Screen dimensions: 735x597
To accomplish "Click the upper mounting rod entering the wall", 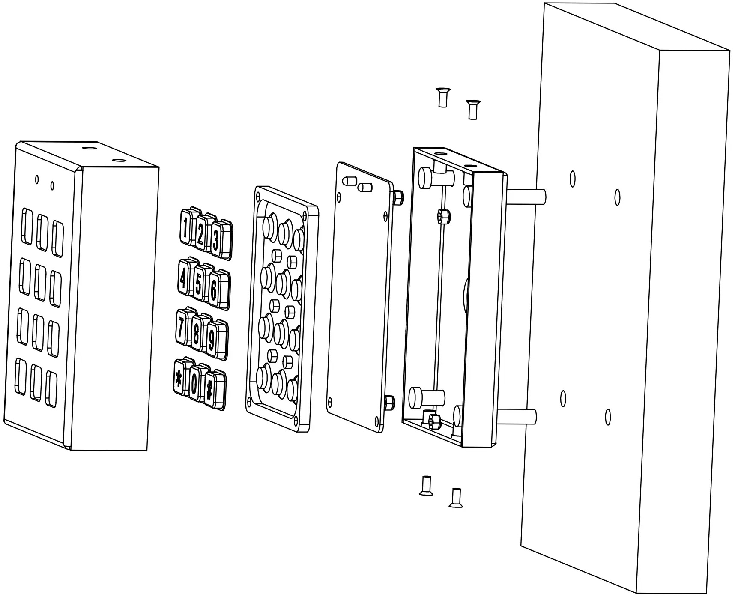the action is (x=526, y=195).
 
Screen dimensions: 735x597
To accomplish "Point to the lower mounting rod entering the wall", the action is (x=516, y=416).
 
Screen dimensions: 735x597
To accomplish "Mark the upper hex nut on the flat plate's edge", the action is (x=397, y=197).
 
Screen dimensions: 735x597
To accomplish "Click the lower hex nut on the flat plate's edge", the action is (x=390, y=402).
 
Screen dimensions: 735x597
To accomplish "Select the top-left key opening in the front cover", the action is (x=27, y=226).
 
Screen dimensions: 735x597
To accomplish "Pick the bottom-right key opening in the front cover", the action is (x=51, y=389).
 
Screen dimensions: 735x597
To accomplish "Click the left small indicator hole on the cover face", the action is (x=37, y=179).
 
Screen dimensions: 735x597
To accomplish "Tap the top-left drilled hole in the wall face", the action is (x=573, y=179).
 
